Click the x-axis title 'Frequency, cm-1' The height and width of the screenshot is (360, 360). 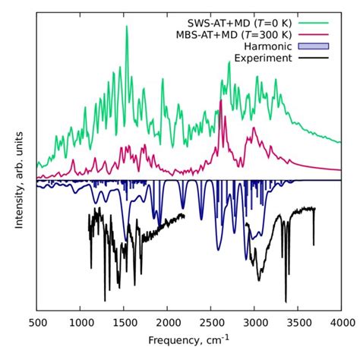pos(188,339)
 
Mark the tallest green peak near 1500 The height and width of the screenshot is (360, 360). pos(126,27)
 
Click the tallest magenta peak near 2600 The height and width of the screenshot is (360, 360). pos(221,101)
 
